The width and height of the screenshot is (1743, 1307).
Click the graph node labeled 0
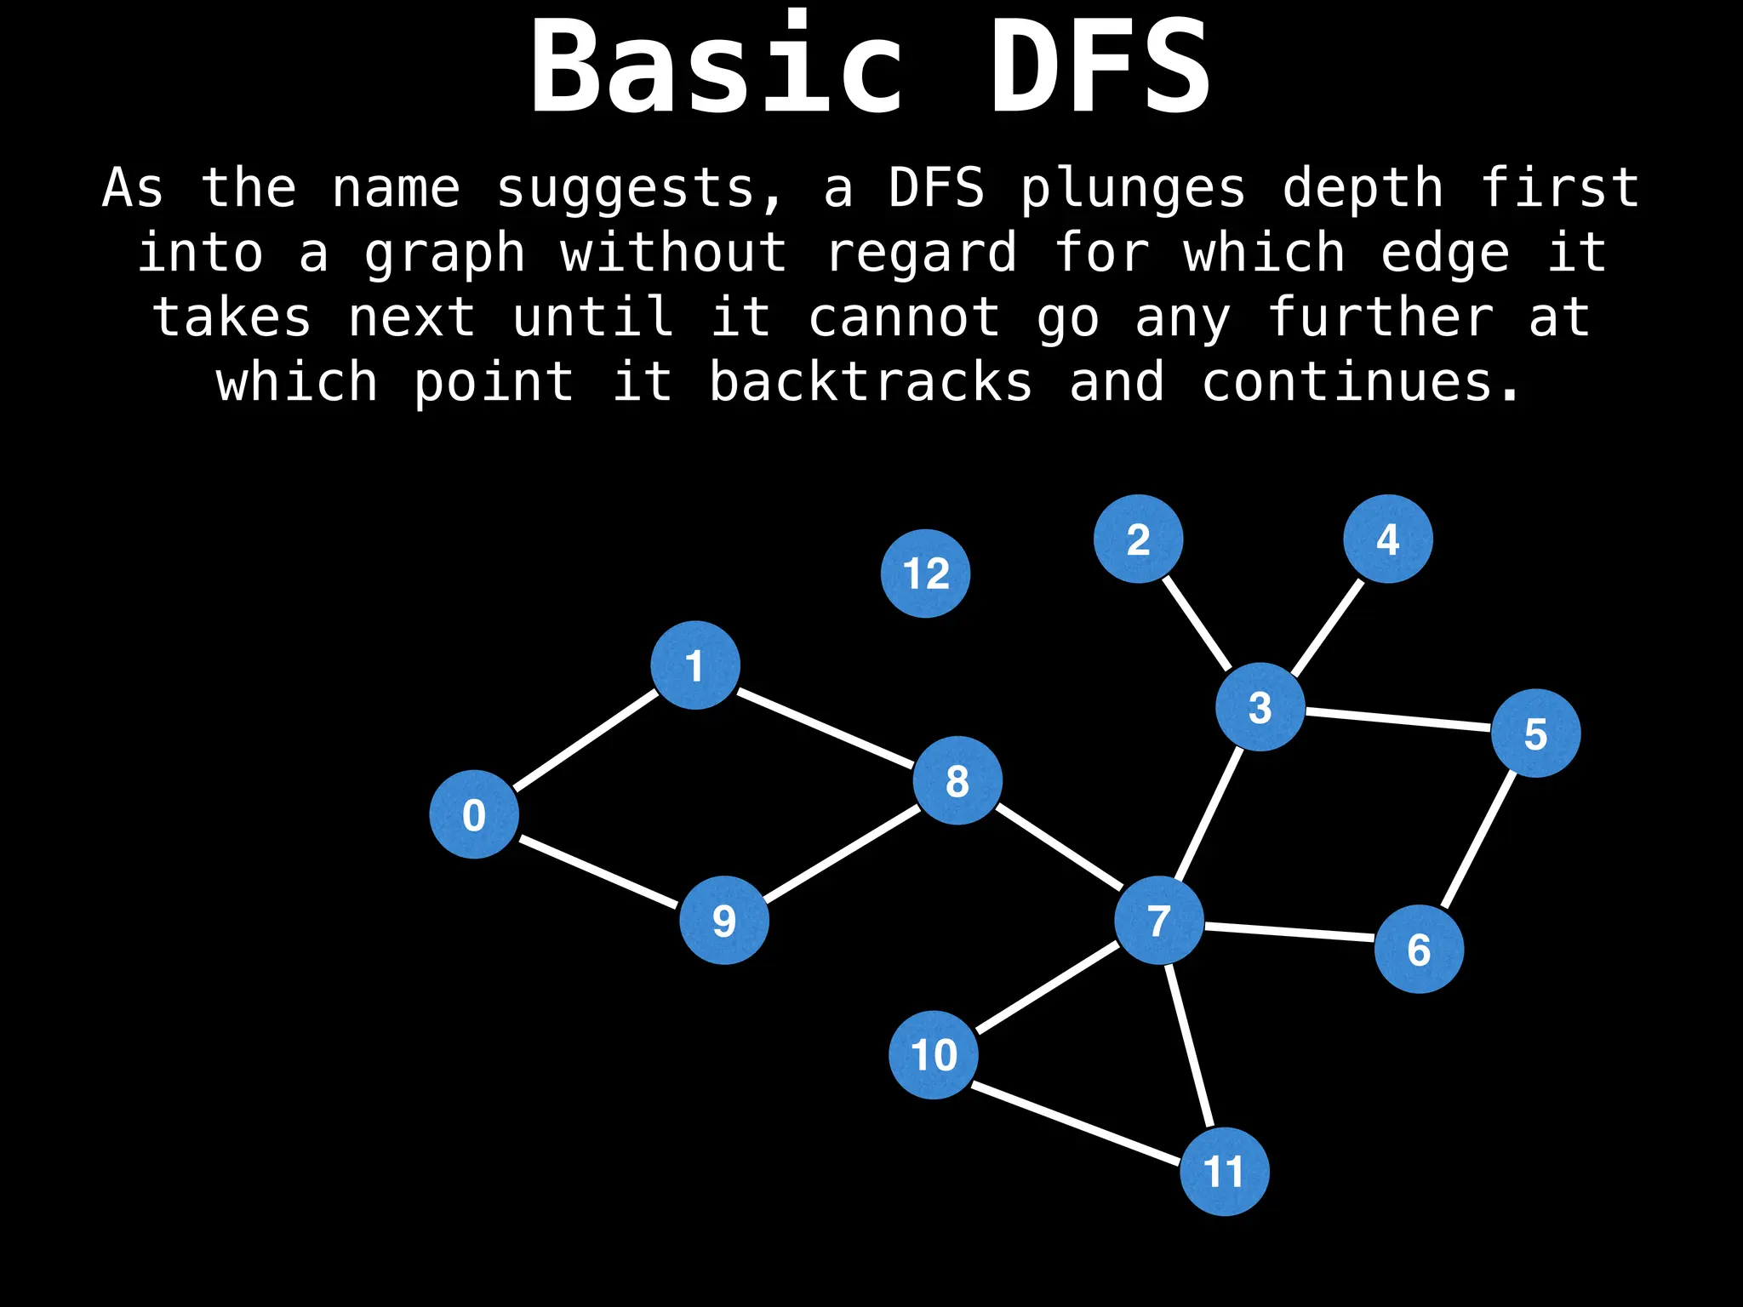(474, 814)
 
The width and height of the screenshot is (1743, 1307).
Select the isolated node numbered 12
(925, 574)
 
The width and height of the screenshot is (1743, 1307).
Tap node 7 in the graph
(1159, 920)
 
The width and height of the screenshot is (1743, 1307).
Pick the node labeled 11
(1224, 1172)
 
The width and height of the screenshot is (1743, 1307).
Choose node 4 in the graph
(1388, 539)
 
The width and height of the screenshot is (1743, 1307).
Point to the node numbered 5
(1535, 733)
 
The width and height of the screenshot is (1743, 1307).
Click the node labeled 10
(934, 1054)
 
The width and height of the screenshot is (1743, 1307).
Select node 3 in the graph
(1260, 706)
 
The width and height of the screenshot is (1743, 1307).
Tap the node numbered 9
(724, 920)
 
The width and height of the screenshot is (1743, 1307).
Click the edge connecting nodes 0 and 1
(586, 739)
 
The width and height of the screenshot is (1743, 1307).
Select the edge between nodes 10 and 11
(1077, 1124)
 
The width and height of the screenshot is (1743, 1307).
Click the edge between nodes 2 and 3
(1197, 623)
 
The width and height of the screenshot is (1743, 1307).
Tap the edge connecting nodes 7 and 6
(1289, 933)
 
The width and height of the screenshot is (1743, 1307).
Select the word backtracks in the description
(871, 382)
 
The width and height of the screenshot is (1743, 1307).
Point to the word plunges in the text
(1133, 188)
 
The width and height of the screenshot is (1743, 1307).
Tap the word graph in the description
(445, 254)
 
